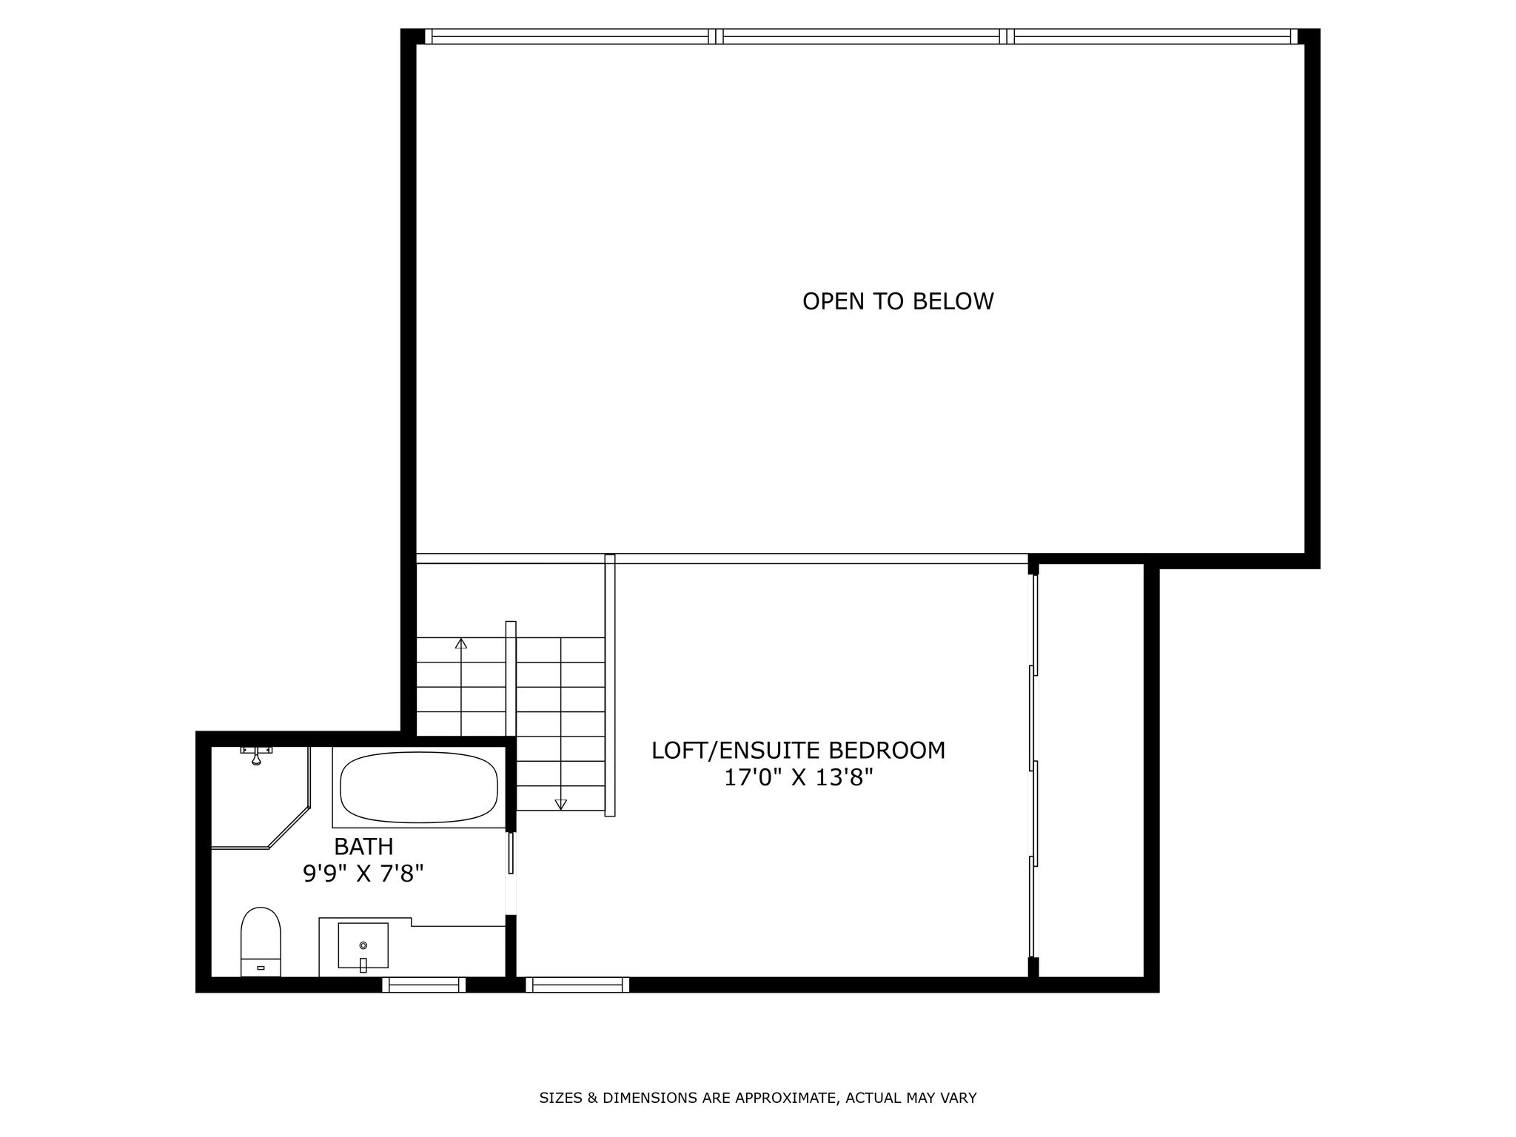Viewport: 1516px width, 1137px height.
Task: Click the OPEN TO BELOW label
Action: point(898,301)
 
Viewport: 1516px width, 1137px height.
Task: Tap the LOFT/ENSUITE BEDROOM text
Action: point(798,750)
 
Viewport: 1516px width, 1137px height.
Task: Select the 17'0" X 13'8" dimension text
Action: point(799,778)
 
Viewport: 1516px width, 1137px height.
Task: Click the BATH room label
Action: point(363,846)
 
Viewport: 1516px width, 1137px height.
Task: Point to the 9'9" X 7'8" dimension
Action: point(363,874)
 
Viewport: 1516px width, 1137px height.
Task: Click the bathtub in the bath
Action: point(419,787)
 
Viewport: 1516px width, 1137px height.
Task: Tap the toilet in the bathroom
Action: point(261,942)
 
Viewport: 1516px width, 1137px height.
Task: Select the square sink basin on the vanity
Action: point(363,945)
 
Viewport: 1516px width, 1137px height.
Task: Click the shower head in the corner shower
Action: point(256,755)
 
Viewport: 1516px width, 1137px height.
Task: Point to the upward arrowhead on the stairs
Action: point(461,643)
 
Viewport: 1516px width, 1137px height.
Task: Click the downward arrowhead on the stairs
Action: point(560,804)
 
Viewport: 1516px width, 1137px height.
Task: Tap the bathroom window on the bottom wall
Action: point(424,985)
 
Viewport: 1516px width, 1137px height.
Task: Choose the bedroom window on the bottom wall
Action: point(577,985)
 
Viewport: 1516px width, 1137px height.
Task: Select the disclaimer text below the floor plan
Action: point(758,1098)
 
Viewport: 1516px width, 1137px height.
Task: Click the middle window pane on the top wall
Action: point(861,36)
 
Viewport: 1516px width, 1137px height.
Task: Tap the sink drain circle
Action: point(363,945)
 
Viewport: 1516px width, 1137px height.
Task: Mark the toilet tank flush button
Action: point(261,967)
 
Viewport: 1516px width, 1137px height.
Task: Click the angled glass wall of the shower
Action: point(289,828)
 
